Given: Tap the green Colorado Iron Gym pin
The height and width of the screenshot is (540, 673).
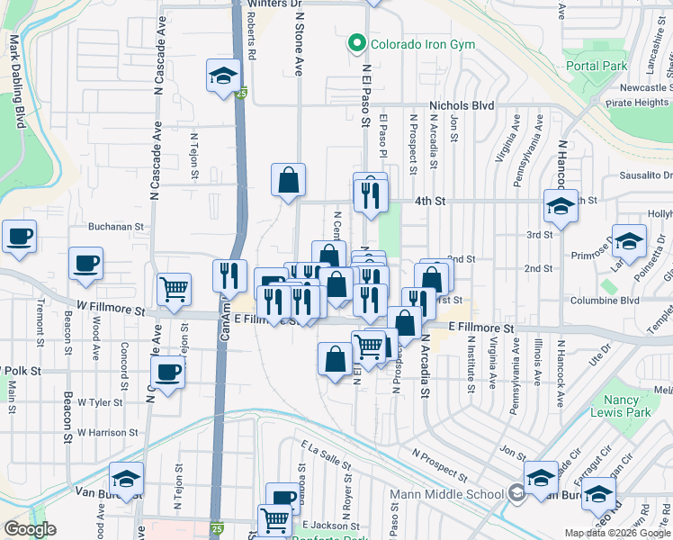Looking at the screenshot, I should (x=357, y=42).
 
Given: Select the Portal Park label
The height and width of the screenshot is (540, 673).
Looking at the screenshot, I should (x=596, y=66).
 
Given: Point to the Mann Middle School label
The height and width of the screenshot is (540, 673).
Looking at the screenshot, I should (x=446, y=493).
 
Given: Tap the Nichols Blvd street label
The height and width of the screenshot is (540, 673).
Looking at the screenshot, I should (x=462, y=105).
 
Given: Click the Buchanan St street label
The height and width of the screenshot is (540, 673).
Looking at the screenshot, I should (x=116, y=228).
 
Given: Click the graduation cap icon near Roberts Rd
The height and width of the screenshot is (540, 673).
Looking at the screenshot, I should (x=222, y=76).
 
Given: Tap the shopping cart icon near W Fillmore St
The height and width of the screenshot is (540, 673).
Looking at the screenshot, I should (x=174, y=289).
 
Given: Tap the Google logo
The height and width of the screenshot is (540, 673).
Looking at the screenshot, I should (x=30, y=529).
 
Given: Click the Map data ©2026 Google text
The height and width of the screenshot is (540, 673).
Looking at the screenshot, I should (x=617, y=533).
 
